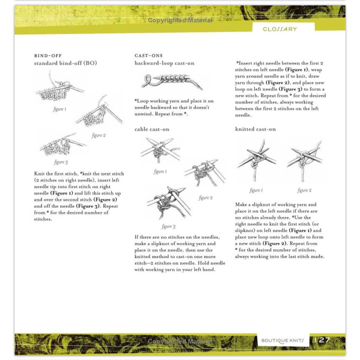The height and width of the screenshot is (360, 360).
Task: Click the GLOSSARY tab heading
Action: (280, 29)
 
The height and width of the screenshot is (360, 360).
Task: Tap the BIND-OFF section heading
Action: (48, 56)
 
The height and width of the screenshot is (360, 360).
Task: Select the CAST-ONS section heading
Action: (149, 56)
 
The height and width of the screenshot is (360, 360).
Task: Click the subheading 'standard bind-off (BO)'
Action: (66, 63)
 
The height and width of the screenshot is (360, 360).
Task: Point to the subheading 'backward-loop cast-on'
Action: (164, 63)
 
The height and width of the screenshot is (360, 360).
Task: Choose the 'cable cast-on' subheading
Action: (152, 129)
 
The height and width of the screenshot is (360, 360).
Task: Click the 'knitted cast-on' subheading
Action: (255, 129)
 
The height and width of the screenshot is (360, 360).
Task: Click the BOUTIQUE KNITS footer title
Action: (282, 341)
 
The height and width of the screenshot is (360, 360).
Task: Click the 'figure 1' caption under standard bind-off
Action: (60, 109)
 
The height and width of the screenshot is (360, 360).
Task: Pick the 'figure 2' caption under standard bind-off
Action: (99, 136)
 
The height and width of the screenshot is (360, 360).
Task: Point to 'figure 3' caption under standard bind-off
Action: (61, 162)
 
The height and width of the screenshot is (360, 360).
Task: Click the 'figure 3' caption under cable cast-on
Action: (168, 227)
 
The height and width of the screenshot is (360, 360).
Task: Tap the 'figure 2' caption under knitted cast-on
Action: (304, 190)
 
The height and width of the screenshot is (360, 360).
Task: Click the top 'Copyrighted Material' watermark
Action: (180, 21)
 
